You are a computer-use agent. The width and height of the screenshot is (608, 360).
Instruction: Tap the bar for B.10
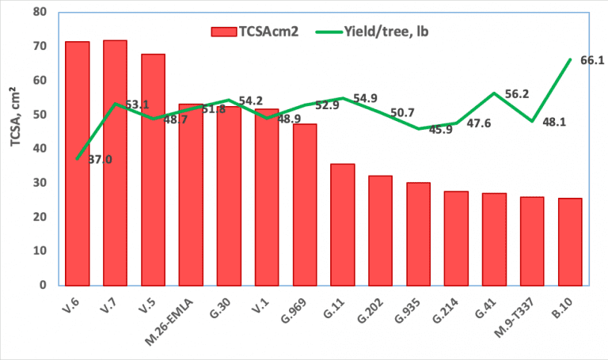click(570, 241)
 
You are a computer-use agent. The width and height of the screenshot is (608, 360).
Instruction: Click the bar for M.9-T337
click(532, 241)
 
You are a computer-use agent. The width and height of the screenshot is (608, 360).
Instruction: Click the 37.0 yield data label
click(99, 160)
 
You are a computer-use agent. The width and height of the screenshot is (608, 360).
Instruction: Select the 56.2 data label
click(517, 93)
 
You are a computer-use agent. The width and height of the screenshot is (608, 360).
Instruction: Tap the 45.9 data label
click(440, 130)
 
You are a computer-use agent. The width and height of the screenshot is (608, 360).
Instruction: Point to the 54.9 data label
click(365, 98)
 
